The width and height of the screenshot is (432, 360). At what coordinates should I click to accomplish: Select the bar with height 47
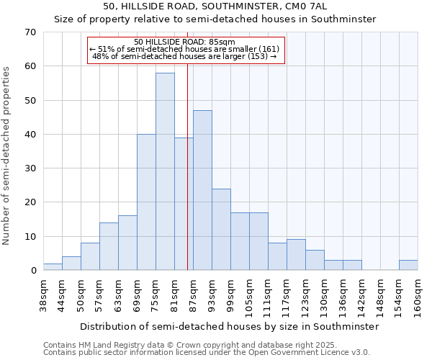click(202, 190)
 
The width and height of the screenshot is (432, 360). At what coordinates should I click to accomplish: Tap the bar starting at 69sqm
click(146, 202)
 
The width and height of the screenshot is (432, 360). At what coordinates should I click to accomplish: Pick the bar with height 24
click(221, 229)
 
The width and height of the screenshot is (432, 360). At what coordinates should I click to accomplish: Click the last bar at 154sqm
click(408, 265)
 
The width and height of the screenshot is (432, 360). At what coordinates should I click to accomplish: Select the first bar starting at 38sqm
click(53, 267)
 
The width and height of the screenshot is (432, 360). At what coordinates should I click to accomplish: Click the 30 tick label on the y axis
click(30, 168)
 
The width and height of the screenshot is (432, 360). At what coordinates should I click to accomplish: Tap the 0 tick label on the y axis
click(33, 271)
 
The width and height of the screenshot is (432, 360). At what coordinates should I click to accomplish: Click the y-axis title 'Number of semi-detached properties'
click(6, 155)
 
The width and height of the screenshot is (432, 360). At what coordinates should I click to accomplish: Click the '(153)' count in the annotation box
click(256, 56)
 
